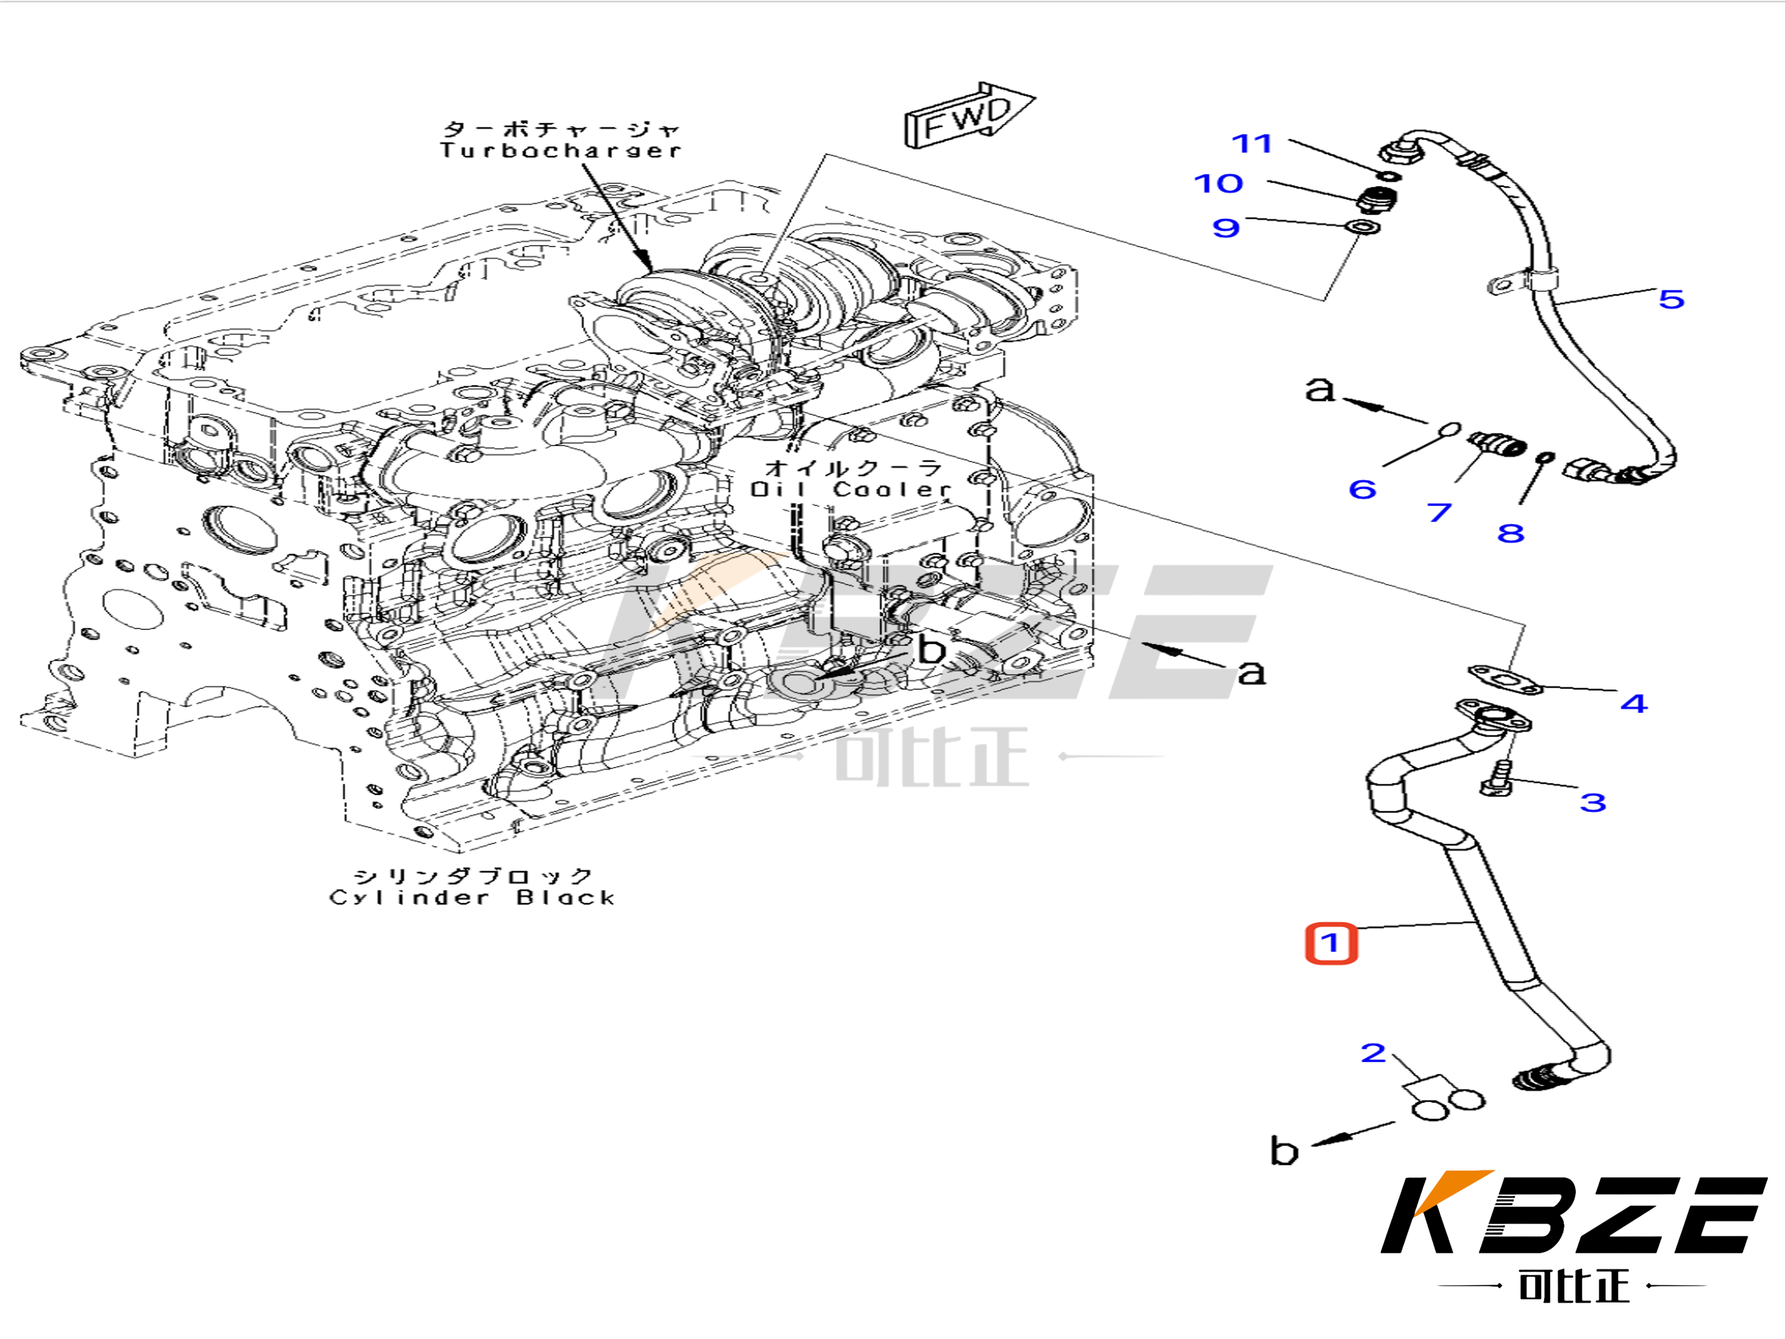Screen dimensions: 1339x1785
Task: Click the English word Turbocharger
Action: tap(560, 150)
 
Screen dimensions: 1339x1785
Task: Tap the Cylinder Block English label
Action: tap(472, 898)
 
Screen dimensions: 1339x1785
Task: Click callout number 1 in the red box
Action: tap(1331, 943)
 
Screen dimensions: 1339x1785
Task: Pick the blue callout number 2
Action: tap(1373, 1053)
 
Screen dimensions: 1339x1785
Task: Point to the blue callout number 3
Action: tap(1592, 802)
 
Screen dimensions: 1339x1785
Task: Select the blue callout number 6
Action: tap(1362, 489)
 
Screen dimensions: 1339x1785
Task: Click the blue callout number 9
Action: tap(1225, 228)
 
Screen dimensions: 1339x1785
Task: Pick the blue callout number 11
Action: tap(1252, 143)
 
